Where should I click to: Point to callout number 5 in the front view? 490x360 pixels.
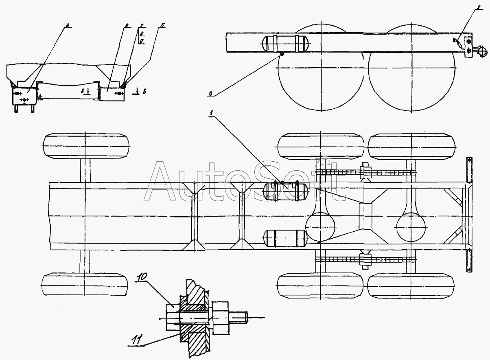[x=162, y=25]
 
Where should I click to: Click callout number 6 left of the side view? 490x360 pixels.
[x=210, y=94]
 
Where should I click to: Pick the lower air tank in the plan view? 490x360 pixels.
[x=285, y=238]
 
